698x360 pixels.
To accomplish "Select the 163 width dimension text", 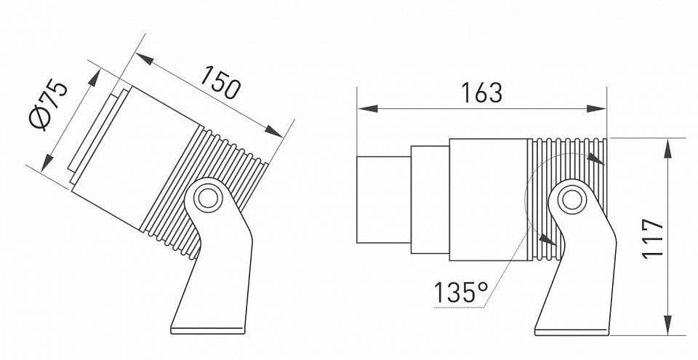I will click(481, 92).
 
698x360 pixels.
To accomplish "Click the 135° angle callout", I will click(461, 293).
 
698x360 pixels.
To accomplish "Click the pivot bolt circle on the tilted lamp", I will click(208, 196).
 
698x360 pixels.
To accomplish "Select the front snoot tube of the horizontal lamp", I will click(383, 199).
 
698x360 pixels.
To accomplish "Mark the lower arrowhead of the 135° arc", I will click(546, 239).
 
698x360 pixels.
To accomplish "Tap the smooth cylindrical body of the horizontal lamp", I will click(487, 199).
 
